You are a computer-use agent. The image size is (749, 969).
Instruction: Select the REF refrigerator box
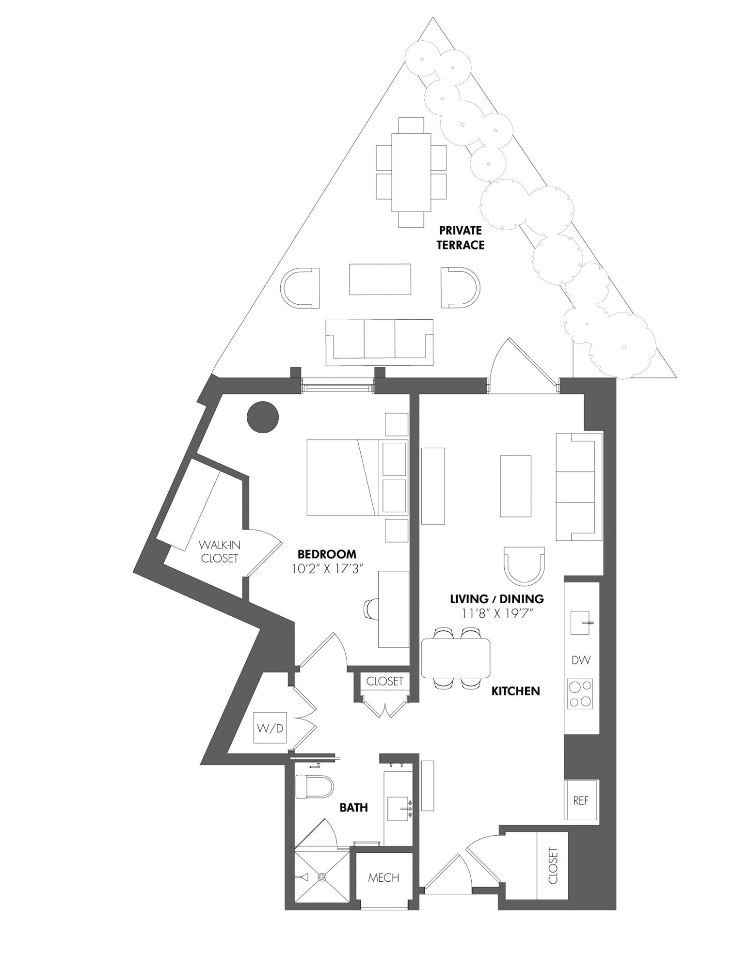coord(581,800)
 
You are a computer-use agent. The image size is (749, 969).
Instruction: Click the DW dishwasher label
coord(581,660)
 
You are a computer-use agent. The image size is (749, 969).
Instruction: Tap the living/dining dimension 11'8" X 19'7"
coord(497,613)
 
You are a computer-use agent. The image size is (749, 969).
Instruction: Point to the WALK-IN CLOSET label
coord(220,551)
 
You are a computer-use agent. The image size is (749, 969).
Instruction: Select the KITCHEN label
coord(516,691)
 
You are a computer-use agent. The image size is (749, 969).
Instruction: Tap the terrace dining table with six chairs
coord(411,172)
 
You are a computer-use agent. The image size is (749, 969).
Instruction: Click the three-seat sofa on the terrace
coord(380,343)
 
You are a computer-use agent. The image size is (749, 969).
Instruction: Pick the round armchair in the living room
coord(525,565)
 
